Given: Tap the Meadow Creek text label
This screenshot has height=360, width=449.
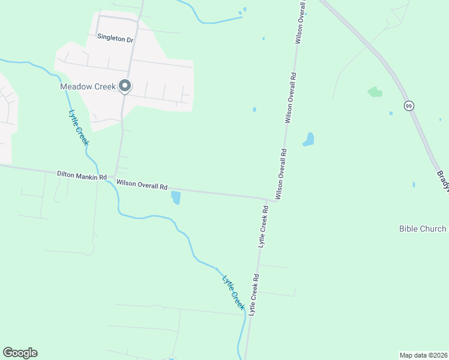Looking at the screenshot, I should tap(87, 86).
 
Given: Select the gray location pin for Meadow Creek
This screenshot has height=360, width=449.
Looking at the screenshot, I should tap(125, 86).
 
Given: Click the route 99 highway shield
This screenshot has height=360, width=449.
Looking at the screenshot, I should tap(409, 106).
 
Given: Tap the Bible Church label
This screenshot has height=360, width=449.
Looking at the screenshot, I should tap(423, 229).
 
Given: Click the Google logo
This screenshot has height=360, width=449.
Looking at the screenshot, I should tap(20, 353).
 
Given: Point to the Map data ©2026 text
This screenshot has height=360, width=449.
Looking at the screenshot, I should tap(424, 355).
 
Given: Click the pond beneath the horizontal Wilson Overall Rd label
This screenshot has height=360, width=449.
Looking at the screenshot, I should tap(176, 197).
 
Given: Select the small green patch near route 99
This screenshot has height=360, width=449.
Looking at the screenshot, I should tap(375, 92).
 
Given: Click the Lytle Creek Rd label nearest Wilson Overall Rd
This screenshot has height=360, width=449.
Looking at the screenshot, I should tap(263, 227).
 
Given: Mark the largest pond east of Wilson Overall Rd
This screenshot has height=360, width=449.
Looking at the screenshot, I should tap(309, 139).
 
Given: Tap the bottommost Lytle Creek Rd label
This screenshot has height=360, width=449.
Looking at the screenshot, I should tap(255, 295).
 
